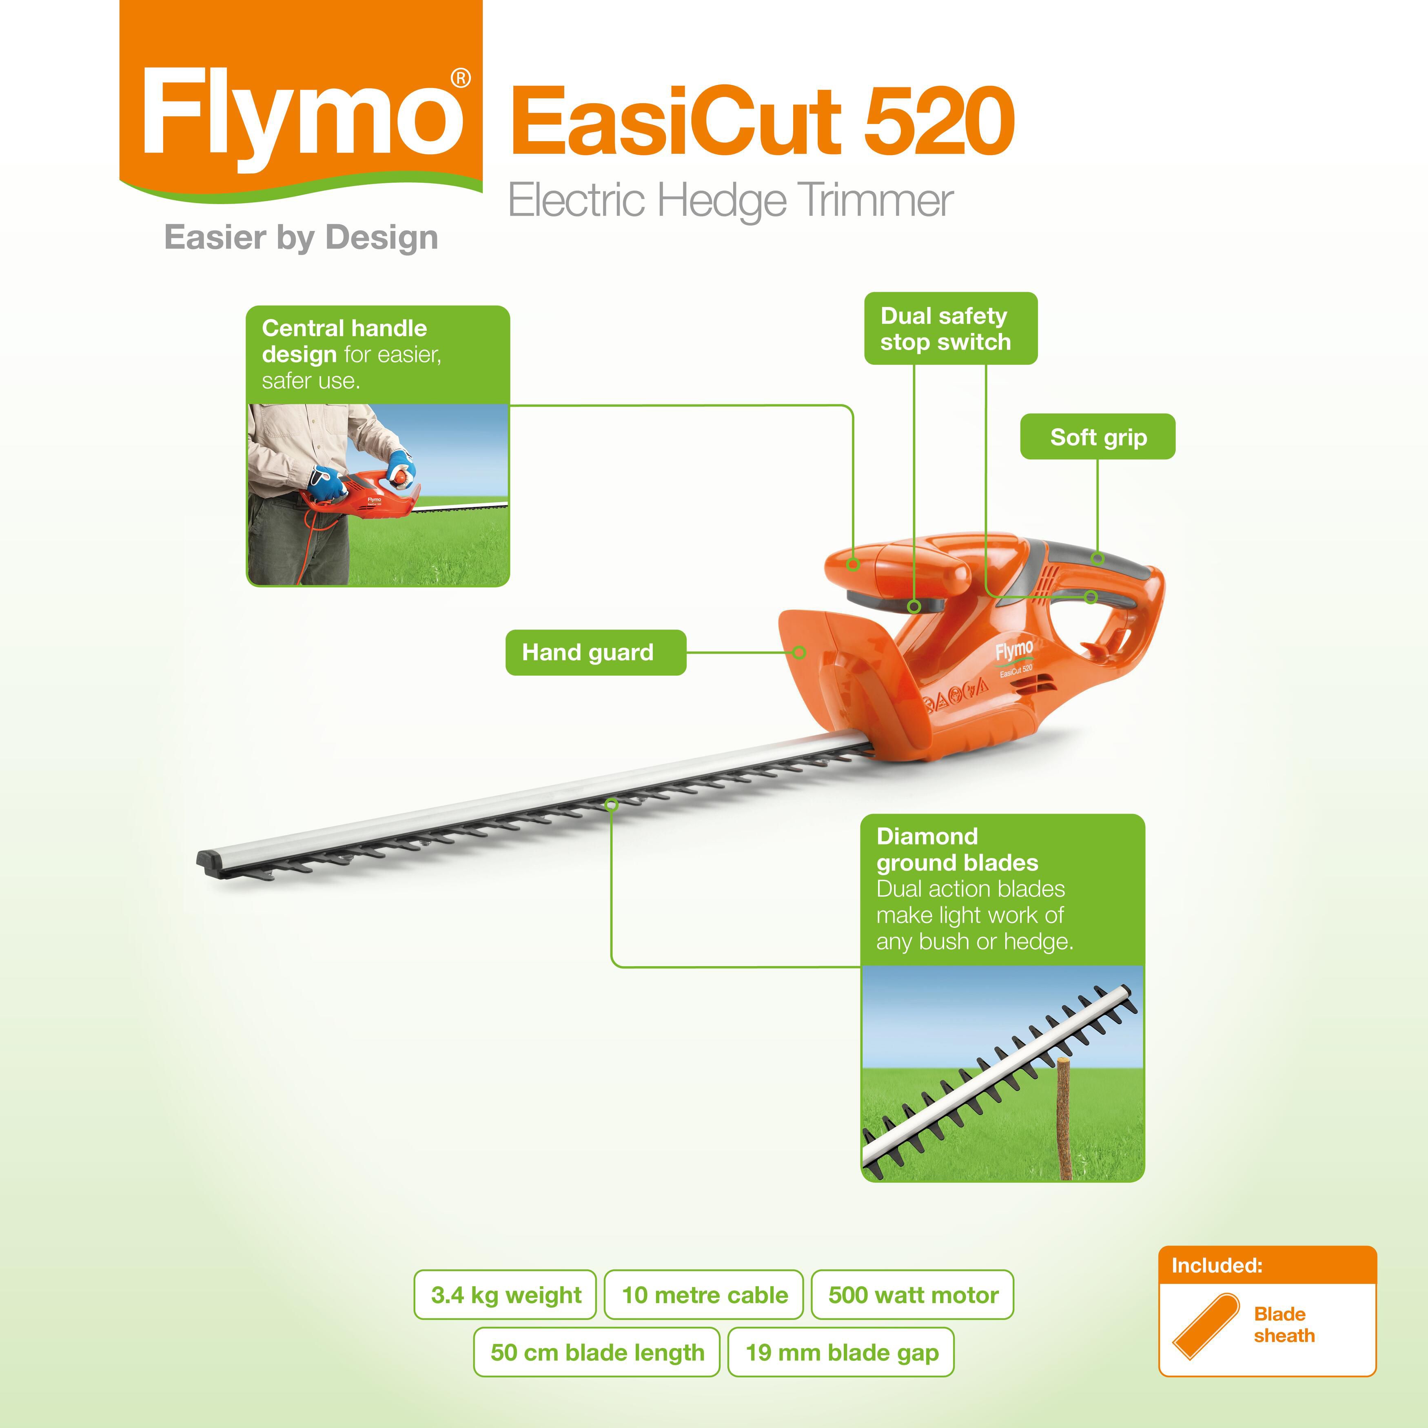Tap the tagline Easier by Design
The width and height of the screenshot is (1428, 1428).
point(301,238)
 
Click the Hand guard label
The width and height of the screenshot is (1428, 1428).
point(596,652)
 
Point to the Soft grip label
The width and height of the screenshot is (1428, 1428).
point(1098,437)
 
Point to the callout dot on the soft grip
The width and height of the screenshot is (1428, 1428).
point(1098,559)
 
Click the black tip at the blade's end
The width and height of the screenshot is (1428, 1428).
point(211,863)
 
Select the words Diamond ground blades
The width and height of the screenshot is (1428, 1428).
point(957,849)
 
